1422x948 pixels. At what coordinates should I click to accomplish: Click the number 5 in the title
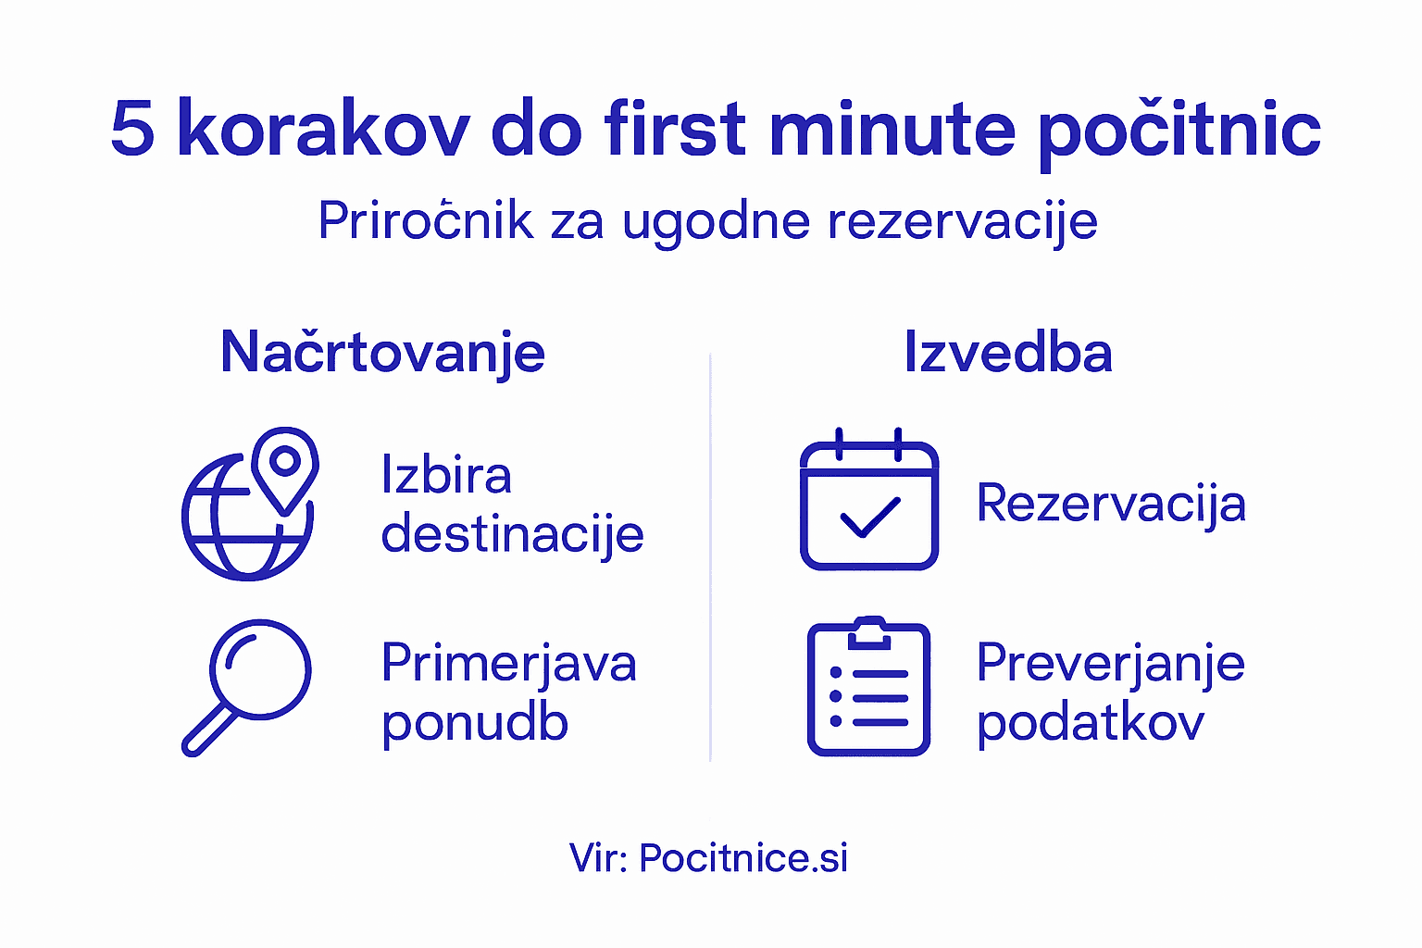click(131, 129)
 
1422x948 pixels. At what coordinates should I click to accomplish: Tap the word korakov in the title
click(322, 129)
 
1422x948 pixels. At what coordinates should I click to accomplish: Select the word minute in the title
click(891, 129)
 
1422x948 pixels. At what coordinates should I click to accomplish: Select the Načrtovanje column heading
click(382, 354)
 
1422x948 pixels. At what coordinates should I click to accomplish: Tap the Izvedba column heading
click(1007, 354)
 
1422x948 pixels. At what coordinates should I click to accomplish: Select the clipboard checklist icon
click(868, 688)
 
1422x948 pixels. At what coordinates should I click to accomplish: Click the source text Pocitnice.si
click(742, 858)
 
